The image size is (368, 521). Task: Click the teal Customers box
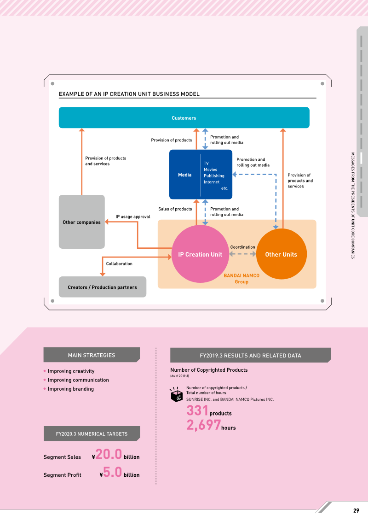tap(184, 117)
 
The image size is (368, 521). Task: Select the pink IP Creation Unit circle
tap(200, 254)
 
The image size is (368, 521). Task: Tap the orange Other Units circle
tap(282, 254)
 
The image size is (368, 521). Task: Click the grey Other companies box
tap(81, 222)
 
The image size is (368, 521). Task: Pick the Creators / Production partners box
tap(103, 287)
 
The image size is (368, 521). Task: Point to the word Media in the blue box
tap(185, 175)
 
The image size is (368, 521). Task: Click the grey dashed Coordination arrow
tap(242, 254)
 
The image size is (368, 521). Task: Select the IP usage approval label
tap(133, 217)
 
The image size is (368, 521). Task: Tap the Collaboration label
tap(119, 263)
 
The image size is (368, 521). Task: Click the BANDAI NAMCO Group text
tap(241, 278)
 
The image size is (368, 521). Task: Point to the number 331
tap(197, 410)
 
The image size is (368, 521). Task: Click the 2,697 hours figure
tap(211, 425)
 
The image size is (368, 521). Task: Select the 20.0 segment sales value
tap(109, 454)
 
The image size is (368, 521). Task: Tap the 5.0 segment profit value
tap(113, 472)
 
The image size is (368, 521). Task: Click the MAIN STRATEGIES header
tap(92, 355)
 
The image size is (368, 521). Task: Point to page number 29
tap(356, 510)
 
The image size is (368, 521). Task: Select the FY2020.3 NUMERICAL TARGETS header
tap(92, 433)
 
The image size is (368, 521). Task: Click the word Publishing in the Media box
tap(214, 176)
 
